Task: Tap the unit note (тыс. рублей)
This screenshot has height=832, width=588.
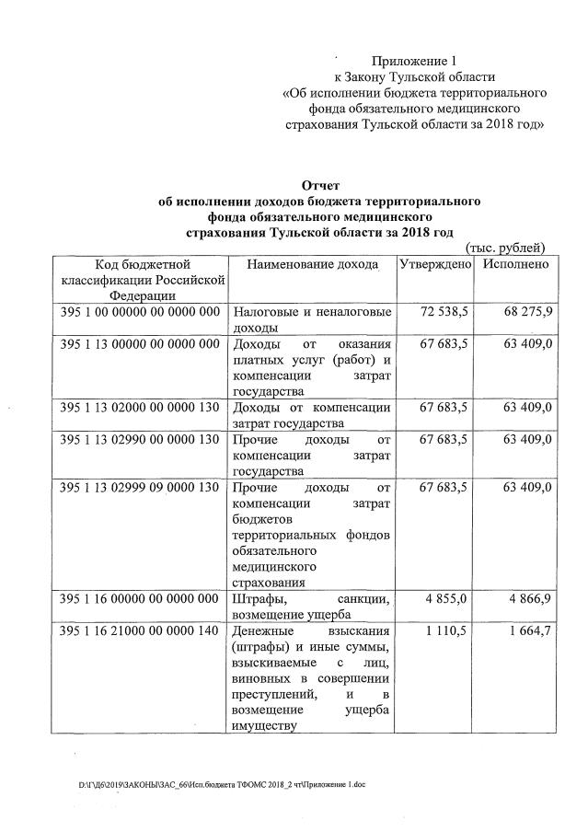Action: click(x=505, y=248)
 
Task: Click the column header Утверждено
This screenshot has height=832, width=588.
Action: click(x=435, y=264)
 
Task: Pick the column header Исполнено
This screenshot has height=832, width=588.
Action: click(x=513, y=264)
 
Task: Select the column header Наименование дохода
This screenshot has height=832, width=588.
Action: click(x=313, y=264)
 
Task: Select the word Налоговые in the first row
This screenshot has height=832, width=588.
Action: click(x=266, y=312)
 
